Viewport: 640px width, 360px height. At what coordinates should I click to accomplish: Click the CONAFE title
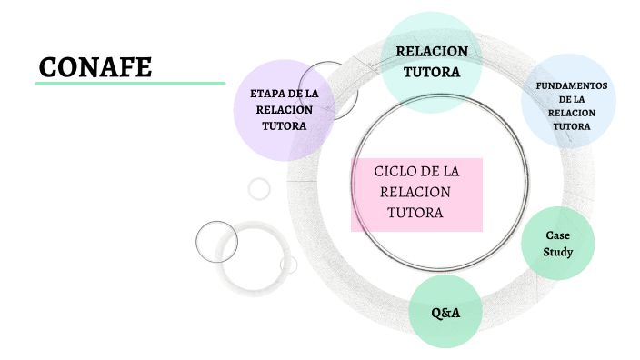point(95,67)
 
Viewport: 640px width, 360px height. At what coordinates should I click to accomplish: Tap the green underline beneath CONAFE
point(130,84)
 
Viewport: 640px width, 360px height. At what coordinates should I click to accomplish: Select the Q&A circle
point(445,312)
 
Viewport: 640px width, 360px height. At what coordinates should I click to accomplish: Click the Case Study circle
point(557,244)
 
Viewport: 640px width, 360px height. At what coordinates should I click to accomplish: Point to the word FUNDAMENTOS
point(572,86)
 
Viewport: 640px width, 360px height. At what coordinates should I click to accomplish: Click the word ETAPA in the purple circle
point(268,94)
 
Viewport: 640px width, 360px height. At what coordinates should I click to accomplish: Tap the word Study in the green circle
point(558,252)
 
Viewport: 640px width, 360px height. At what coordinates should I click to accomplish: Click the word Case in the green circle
point(557,235)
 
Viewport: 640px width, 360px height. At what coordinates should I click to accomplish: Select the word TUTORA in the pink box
point(415,213)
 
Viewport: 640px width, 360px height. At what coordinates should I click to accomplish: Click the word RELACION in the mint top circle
point(432,52)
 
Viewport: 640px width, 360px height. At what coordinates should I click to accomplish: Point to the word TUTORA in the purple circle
point(284,126)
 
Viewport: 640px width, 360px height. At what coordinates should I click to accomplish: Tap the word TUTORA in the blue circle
point(572,126)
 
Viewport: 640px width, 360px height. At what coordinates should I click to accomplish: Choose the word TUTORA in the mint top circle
point(432,72)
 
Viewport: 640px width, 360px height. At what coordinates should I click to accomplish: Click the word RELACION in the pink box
point(415,192)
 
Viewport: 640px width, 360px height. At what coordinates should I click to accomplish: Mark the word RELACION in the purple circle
point(284,110)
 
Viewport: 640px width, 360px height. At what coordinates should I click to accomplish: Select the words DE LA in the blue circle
point(572,100)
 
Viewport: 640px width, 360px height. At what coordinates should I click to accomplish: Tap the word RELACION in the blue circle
point(572,113)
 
